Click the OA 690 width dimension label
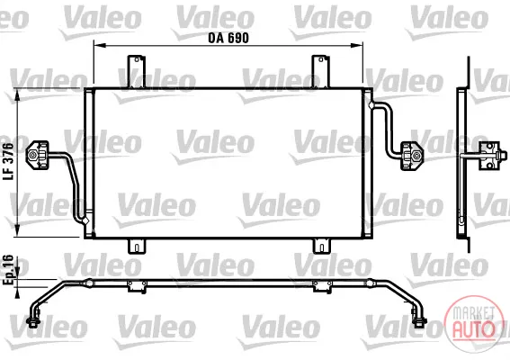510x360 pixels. (x=228, y=38)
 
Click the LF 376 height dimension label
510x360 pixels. (x=8, y=161)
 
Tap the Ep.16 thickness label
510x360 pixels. (x=8, y=270)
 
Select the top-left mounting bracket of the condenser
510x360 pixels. (x=136, y=72)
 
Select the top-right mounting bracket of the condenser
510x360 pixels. (x=320, y=72)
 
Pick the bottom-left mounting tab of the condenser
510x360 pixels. (x=137, y=246)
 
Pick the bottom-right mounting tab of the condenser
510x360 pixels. (x=321, y=246)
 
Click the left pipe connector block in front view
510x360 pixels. (x=37, y=155)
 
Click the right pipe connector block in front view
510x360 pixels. (x=412, y=156)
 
